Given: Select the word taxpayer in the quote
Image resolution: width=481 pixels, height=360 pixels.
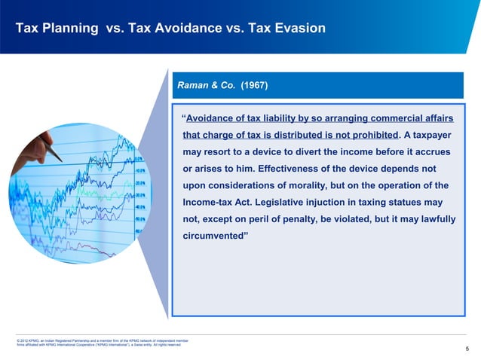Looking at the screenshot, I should coord(435,136).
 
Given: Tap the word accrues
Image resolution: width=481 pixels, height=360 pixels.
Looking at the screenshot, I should coord(436,152).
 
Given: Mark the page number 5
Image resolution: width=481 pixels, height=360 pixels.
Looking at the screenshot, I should coord(467,349).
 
